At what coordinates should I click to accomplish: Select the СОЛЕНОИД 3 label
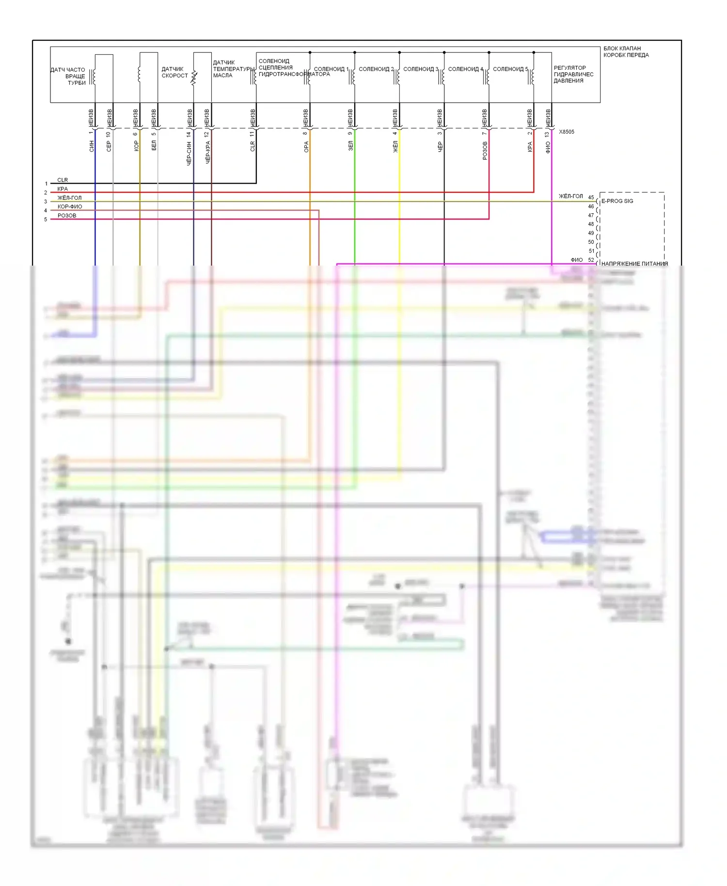[420, 69]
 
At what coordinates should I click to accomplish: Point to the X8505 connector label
[566, 132]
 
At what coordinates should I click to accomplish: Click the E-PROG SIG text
[617, 201]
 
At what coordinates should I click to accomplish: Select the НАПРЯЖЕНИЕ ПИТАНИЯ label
[634, 264]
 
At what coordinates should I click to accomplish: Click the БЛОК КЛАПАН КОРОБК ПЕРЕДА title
[626, 52]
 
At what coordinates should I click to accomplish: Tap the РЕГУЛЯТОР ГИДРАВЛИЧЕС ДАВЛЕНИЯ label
[573, 74]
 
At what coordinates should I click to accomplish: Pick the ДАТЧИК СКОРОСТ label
[174, 72]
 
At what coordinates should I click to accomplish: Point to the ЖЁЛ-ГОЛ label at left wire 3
[69, 198]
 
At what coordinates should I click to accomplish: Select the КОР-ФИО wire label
[70, 206]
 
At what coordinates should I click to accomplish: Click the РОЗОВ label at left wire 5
[67, 216]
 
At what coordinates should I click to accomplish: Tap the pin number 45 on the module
[591, 198]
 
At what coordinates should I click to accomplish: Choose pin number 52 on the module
[591, 260]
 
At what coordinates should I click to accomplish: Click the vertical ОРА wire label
[306, 147]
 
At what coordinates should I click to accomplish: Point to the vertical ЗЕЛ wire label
[351, 146]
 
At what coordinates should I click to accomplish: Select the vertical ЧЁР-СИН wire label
[189, 153]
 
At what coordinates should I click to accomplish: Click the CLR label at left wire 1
[63, 180]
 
